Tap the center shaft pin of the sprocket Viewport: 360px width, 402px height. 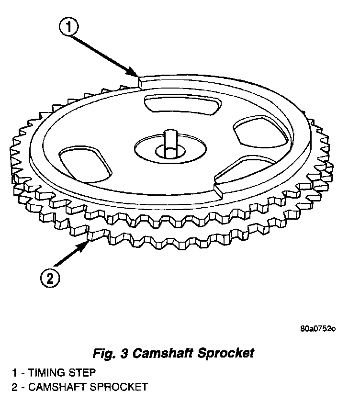pyautogui.click(x=170, y=141)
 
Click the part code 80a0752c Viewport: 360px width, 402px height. pyautogui.click(x=318, y=329)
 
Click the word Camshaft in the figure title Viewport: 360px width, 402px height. pyautogui.click(x=161, y=354)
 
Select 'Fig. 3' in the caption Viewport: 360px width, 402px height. pyautogui.click(x=110, y=354)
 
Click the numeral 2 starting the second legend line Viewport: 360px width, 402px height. pyautogui.click(x=15, y=387)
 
